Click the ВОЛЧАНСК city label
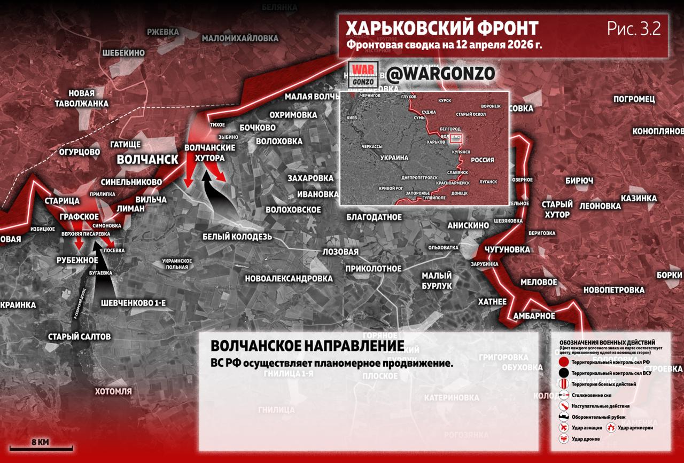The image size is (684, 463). pyautogui.click(x=147, y=160)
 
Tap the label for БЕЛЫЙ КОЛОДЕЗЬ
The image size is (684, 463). pyautogui.click(x=237, y=237)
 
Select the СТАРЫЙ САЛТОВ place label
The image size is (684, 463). pyautogui.click(x=79, y=336)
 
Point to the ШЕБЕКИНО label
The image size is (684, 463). pyautogui.click(x=123, y=52)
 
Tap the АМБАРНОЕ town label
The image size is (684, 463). pyautogui.click(x=534, y=316)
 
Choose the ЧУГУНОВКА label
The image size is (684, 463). pyautogui.click(x=507, y=249)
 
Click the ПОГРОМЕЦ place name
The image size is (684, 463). pyautogui.click(x=634, y=99)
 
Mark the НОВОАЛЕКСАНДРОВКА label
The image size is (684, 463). pyautogui.click(x=289, y=278)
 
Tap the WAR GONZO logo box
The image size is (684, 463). pyautogui.click(x=363, y=75)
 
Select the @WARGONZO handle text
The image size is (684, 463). pyautogui.click(x=441, y=74)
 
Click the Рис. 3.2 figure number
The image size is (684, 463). pyautogui.click(x=634, y=29)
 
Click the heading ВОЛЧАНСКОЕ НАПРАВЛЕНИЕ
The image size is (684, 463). pyautogui.click(x=307, y=346)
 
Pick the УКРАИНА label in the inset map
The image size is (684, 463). pyautogui.click(x=394, y=158)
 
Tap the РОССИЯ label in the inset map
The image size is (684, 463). pyautogui.click(x=482, y=160)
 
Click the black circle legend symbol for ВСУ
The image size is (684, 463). pyautogui.click(x=564, y=373)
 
